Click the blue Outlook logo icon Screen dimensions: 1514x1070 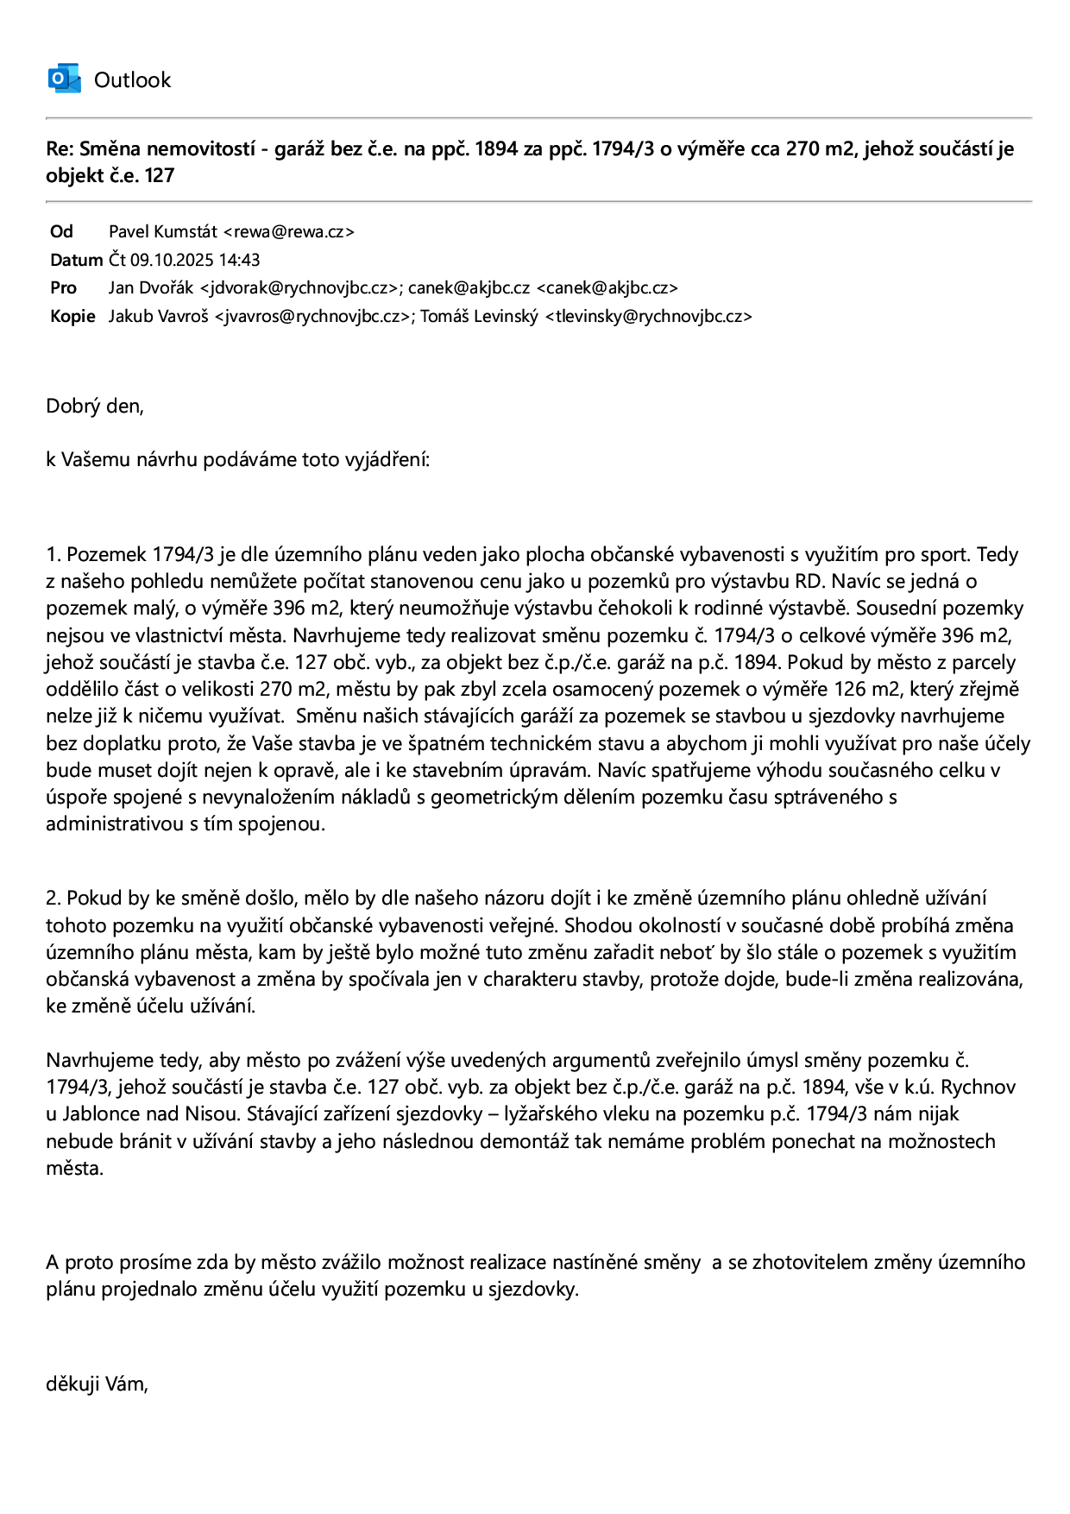coord(64,79)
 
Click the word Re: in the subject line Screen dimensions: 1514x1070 coord(60,148)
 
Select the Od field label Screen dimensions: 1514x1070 coord(62,231)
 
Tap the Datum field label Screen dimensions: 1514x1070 coord(76,260)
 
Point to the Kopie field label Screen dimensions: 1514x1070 coord(72,316)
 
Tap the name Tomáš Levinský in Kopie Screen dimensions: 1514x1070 coord(479,316)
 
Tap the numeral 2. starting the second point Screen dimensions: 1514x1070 coord(53,899)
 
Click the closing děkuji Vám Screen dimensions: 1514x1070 coord(97,1385)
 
